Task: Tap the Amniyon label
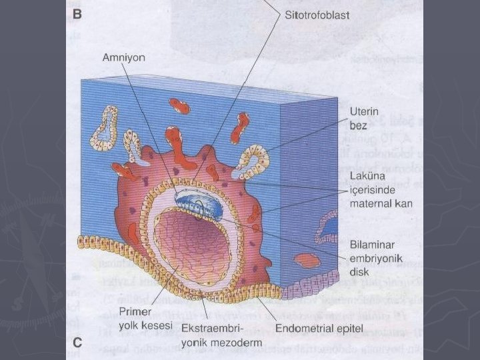tap(123, 57)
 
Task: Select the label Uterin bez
tap(365, 117)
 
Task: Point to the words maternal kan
tap(381, 203)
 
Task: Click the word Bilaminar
tap(372, 244)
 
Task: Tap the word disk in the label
tap(360, 271)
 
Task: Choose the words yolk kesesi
tap(136, 325)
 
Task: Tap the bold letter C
tap(77, 343)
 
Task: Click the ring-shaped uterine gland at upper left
tap(105, 125)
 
